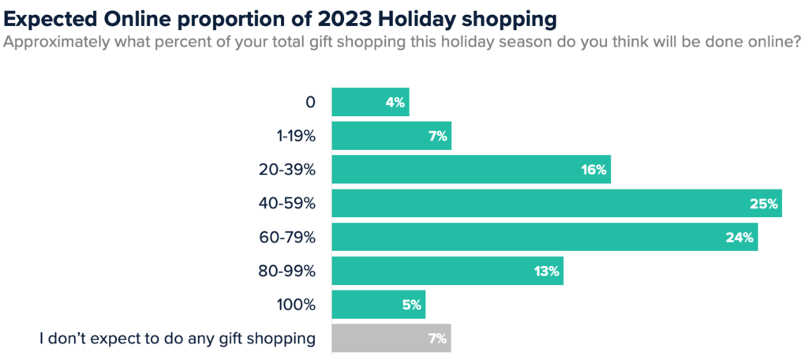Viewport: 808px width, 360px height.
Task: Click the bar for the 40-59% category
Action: pyautogui.click(x=556, y=203)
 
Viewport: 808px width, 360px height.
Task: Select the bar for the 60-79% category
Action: pyautogui.click(x=544, y=237)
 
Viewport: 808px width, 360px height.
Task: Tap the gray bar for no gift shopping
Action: pyautogui.click(x=391, y=339)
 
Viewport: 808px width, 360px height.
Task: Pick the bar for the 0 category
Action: pyautogui.click(x=370, y=102)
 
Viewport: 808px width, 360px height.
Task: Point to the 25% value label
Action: pyautogui.click(x=764, y=204)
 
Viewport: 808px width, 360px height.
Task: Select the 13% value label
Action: pyautogui.click(x=546, y=271)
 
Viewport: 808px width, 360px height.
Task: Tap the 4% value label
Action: pyautogui.click(x=395, y=102)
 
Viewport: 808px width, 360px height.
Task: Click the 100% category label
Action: pyautogui.click(x=297, y=305)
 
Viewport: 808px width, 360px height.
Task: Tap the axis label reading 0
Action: pyautogui.click(x=310, y=102)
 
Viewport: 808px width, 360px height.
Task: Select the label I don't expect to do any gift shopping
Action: pyautogui.click(x=178, y=339)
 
